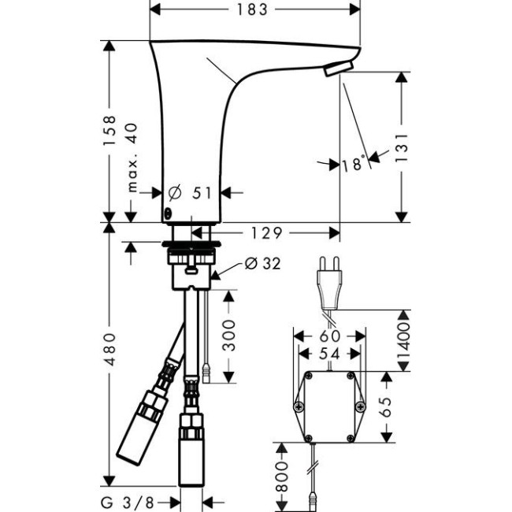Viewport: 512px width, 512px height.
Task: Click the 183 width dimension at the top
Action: point(254,10)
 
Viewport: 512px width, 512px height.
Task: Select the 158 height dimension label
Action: point(109,130)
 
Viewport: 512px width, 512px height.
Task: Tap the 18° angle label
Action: point(354,164)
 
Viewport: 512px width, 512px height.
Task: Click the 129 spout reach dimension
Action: point(265,233)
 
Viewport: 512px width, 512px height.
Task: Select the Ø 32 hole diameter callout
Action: point(262,263)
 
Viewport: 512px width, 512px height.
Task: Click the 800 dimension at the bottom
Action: point(282,475)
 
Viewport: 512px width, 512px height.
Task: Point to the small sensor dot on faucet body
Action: point(167,214)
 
